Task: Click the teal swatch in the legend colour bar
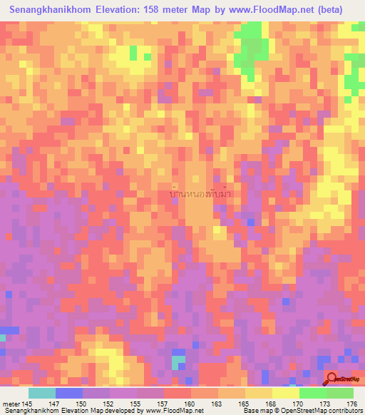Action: point(42,393)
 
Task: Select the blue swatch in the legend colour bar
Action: point(69,393)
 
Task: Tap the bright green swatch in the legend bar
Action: point(312,393)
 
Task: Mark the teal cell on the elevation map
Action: point(177,362)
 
